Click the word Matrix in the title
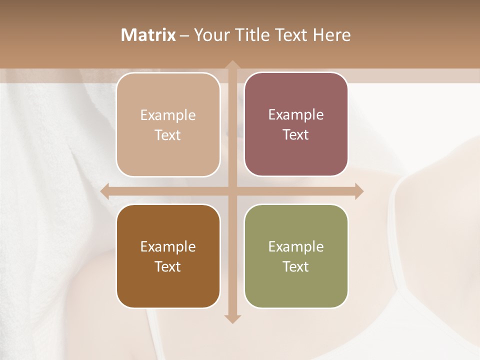(x=148, y=35)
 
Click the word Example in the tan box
(x=168, y=115)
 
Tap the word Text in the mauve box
(x=296, y=135)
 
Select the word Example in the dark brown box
(x=168, y=247)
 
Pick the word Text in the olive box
(x=296, y=266)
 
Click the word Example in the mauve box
(x=296, y=115)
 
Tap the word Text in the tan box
(x=168, y=135)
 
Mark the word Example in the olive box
(x=296, y=247)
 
